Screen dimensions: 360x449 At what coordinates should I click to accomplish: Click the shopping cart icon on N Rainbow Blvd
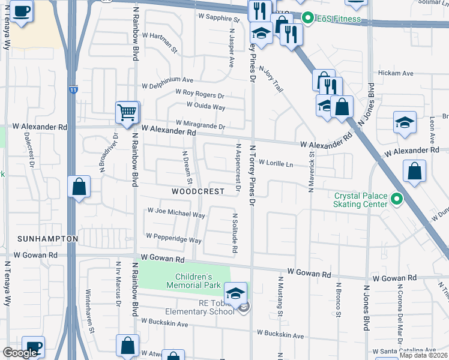(x=127, y=113)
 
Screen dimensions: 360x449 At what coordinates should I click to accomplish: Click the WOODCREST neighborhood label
(x=197, y=191)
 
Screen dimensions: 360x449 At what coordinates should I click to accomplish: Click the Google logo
(x=20, y=353)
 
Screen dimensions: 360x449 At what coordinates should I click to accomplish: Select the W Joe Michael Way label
(x=176, y=214)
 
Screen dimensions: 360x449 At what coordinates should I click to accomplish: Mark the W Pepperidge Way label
(x=173, y=239)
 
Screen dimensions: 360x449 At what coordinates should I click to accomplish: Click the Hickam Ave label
(x=396, y=73)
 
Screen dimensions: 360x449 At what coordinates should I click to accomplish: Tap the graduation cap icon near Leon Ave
(x=405, y=122)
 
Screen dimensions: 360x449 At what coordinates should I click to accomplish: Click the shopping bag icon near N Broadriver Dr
(x=79, y=187)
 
